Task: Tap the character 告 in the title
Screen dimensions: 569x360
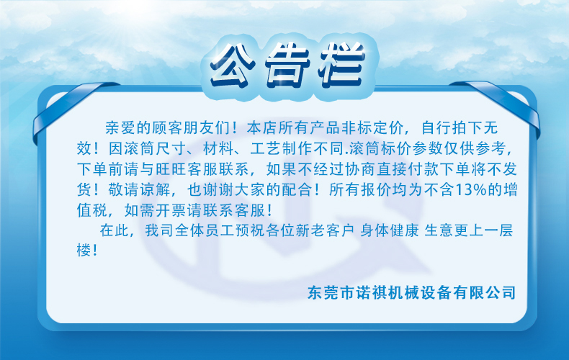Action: [x=287, y=66]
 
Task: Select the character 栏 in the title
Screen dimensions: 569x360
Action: [x=341, y=66]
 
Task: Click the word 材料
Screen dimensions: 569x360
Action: [x=218, y=148]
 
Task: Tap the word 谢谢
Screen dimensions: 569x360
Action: [x=218, y=190]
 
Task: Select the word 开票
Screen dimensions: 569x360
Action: [x=171, y=210]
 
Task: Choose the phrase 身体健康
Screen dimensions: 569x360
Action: [x=390, y=230]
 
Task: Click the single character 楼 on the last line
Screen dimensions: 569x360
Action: [x=84, y=250]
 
